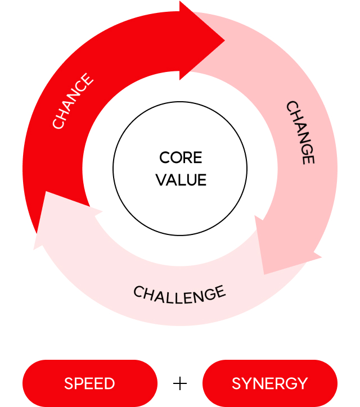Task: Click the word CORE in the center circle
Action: click(x=181, y=158)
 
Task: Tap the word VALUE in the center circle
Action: click(x=181, y=180)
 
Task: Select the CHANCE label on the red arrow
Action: click(x=73, y=101)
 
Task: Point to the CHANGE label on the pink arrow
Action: click(x=300, y=132)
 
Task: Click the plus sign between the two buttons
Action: click(x=180, y=383)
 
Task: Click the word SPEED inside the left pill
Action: click(x=89, y=383)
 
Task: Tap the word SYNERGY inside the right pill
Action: click(x=270, y=383)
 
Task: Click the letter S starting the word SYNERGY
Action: click(x=236, y=383)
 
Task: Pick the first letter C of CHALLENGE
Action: click(x=138, y=291)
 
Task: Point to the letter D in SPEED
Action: click(x=110, y=383)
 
